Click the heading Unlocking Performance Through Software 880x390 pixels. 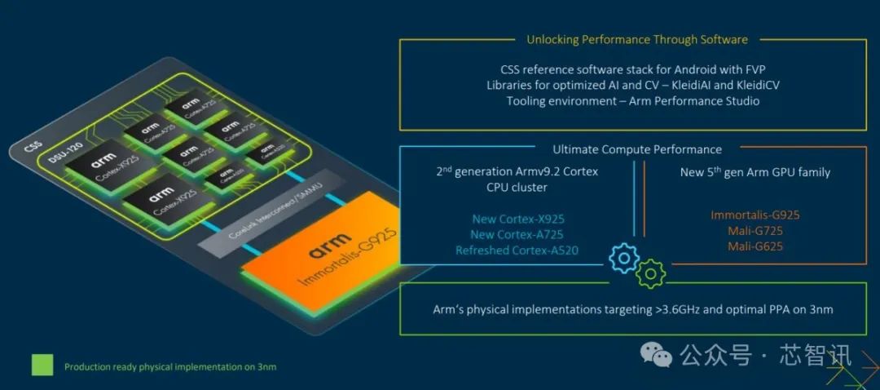636,39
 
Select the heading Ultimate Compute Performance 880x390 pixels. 636,149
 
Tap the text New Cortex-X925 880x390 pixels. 517,219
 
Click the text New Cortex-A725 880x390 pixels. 517,234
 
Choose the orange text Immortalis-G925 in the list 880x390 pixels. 755,215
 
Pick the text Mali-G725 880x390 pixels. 755,231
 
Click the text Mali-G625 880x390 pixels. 755,246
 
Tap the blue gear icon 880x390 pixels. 624,258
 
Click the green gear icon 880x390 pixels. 650,273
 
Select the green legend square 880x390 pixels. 42,365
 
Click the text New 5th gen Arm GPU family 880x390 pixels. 755,172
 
